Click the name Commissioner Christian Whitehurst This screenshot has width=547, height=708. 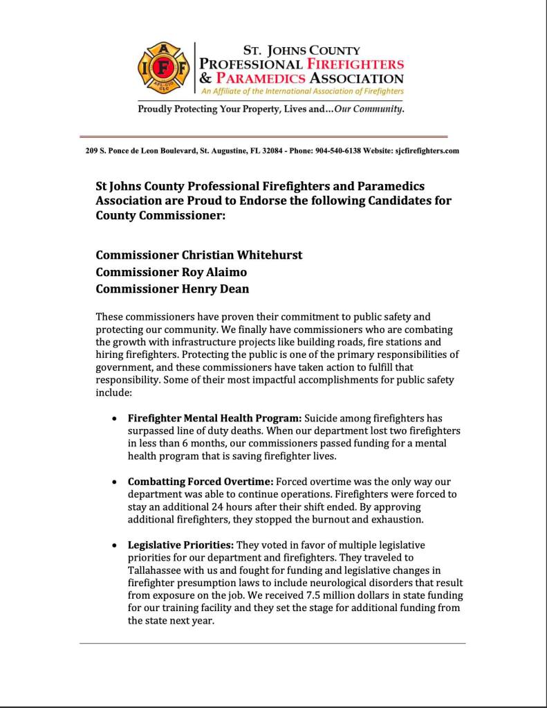click(x=199, y=255)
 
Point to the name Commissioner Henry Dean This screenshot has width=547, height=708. click(x=172, y=290)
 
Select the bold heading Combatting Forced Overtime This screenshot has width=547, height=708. click(x=201, y=481)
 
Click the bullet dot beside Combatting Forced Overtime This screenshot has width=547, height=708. click(x=114, y=482)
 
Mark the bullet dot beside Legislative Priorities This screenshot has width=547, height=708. click(x=114, y=545)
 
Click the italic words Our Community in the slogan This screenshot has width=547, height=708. click(x=369, y=109)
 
